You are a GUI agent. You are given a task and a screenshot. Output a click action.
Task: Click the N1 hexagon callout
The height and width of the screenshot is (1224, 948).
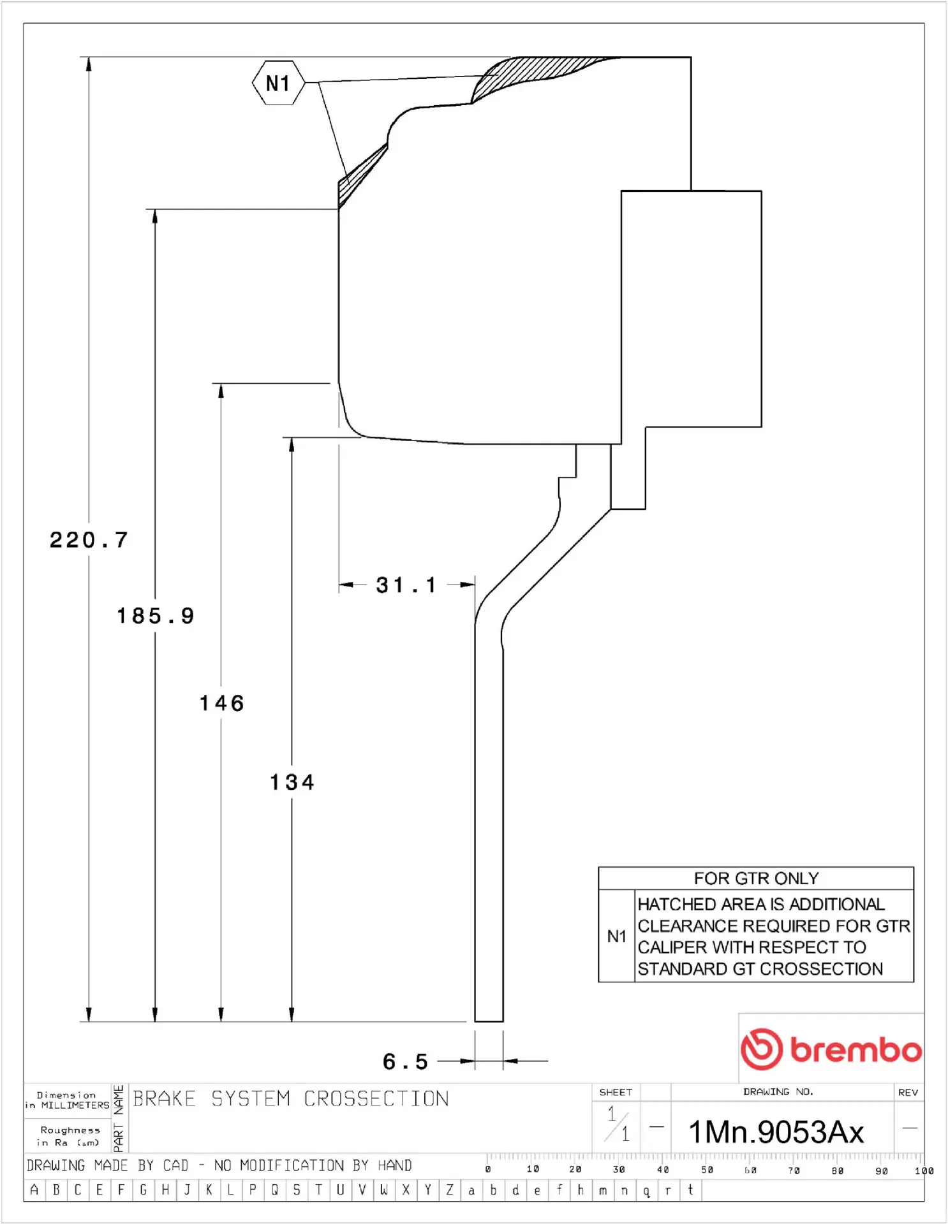[278, 83]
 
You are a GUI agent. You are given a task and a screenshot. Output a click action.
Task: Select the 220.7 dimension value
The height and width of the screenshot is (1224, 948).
[89, 541]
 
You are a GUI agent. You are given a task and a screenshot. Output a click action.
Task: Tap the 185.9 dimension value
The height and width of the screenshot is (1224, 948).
[156, 616]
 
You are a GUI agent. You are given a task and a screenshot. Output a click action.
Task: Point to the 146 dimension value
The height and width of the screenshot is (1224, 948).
[222, 703]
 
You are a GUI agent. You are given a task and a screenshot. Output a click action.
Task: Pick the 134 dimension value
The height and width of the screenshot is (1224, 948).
[292, 782]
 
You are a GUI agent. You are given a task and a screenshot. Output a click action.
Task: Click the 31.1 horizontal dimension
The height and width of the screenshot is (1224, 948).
[406, 585]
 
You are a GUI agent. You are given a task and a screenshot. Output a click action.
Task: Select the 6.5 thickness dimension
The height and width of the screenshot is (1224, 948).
[405, 1061]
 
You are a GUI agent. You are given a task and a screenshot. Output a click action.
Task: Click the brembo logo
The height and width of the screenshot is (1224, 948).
[831, 1049]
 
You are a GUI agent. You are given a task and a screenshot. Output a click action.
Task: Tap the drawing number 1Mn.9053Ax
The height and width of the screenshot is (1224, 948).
[776, 1132]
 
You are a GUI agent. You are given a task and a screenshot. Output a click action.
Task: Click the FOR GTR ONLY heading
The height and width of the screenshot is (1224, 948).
[756, 878]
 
